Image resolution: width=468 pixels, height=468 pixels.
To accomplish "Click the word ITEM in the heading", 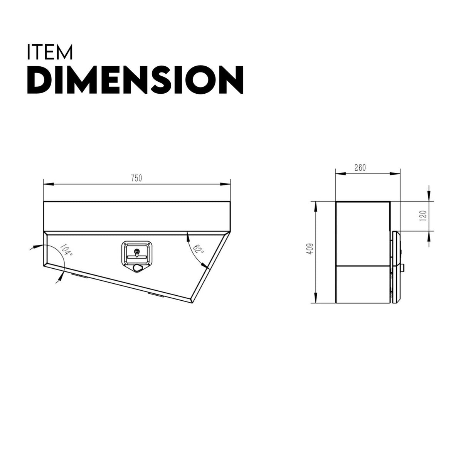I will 50,52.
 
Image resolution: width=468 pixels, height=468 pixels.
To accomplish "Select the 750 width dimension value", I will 136,178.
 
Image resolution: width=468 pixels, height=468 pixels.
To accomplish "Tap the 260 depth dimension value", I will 359,168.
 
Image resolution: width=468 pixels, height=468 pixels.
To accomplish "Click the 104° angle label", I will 66,251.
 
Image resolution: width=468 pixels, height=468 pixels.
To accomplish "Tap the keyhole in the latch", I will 136,252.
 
